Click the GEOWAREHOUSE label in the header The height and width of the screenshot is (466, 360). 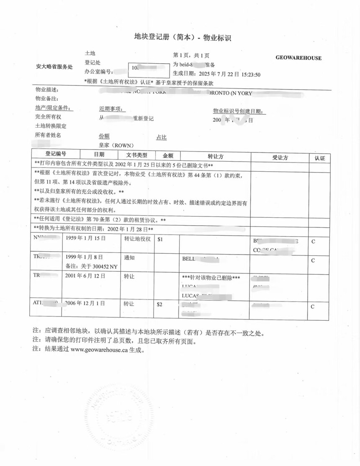tap(298, 58)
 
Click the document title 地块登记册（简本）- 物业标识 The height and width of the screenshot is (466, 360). tap(183, 38)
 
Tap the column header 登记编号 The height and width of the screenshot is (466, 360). tap(56, 154)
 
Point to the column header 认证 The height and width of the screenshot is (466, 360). tap(319, 158)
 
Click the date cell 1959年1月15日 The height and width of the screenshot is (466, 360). tap(86, 238)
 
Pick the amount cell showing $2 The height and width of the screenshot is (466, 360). tap(159, 304)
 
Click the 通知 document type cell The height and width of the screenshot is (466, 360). tap(129, 258)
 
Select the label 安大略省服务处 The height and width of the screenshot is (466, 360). tap(54, 67)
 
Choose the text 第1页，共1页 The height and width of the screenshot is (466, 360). tap(191, 55)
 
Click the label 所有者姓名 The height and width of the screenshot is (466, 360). tap(48, 135)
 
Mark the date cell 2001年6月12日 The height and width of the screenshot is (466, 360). tap(86, 276)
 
